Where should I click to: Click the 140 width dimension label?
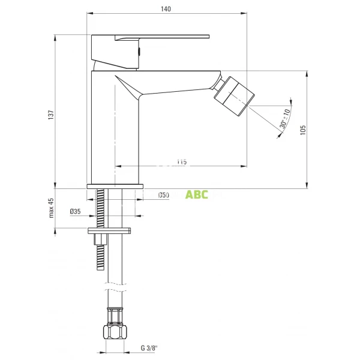pos(166,8)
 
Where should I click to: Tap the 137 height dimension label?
pos(52,113)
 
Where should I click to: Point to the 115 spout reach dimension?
pos(182,161)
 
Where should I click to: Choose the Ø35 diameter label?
pos(75,211)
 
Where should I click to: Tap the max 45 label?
pos(52,208)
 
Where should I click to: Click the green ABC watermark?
pos(196,194)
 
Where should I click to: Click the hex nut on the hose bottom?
pos(116,332)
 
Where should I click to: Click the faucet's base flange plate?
pos(116,186)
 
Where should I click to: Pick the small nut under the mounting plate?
pos(100,239)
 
